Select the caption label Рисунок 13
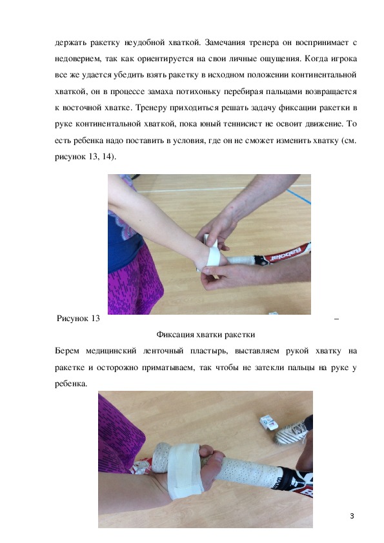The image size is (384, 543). click(x=78, y=318)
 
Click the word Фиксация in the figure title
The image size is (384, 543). click(x=174, y=335)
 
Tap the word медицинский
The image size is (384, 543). click(x=111, y=351)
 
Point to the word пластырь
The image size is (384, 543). click(x=208, y=351)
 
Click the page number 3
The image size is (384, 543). click(x=352, y=516)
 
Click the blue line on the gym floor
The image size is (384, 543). click(x=298, y=196)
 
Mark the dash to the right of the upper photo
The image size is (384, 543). click(x=336, y=319)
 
